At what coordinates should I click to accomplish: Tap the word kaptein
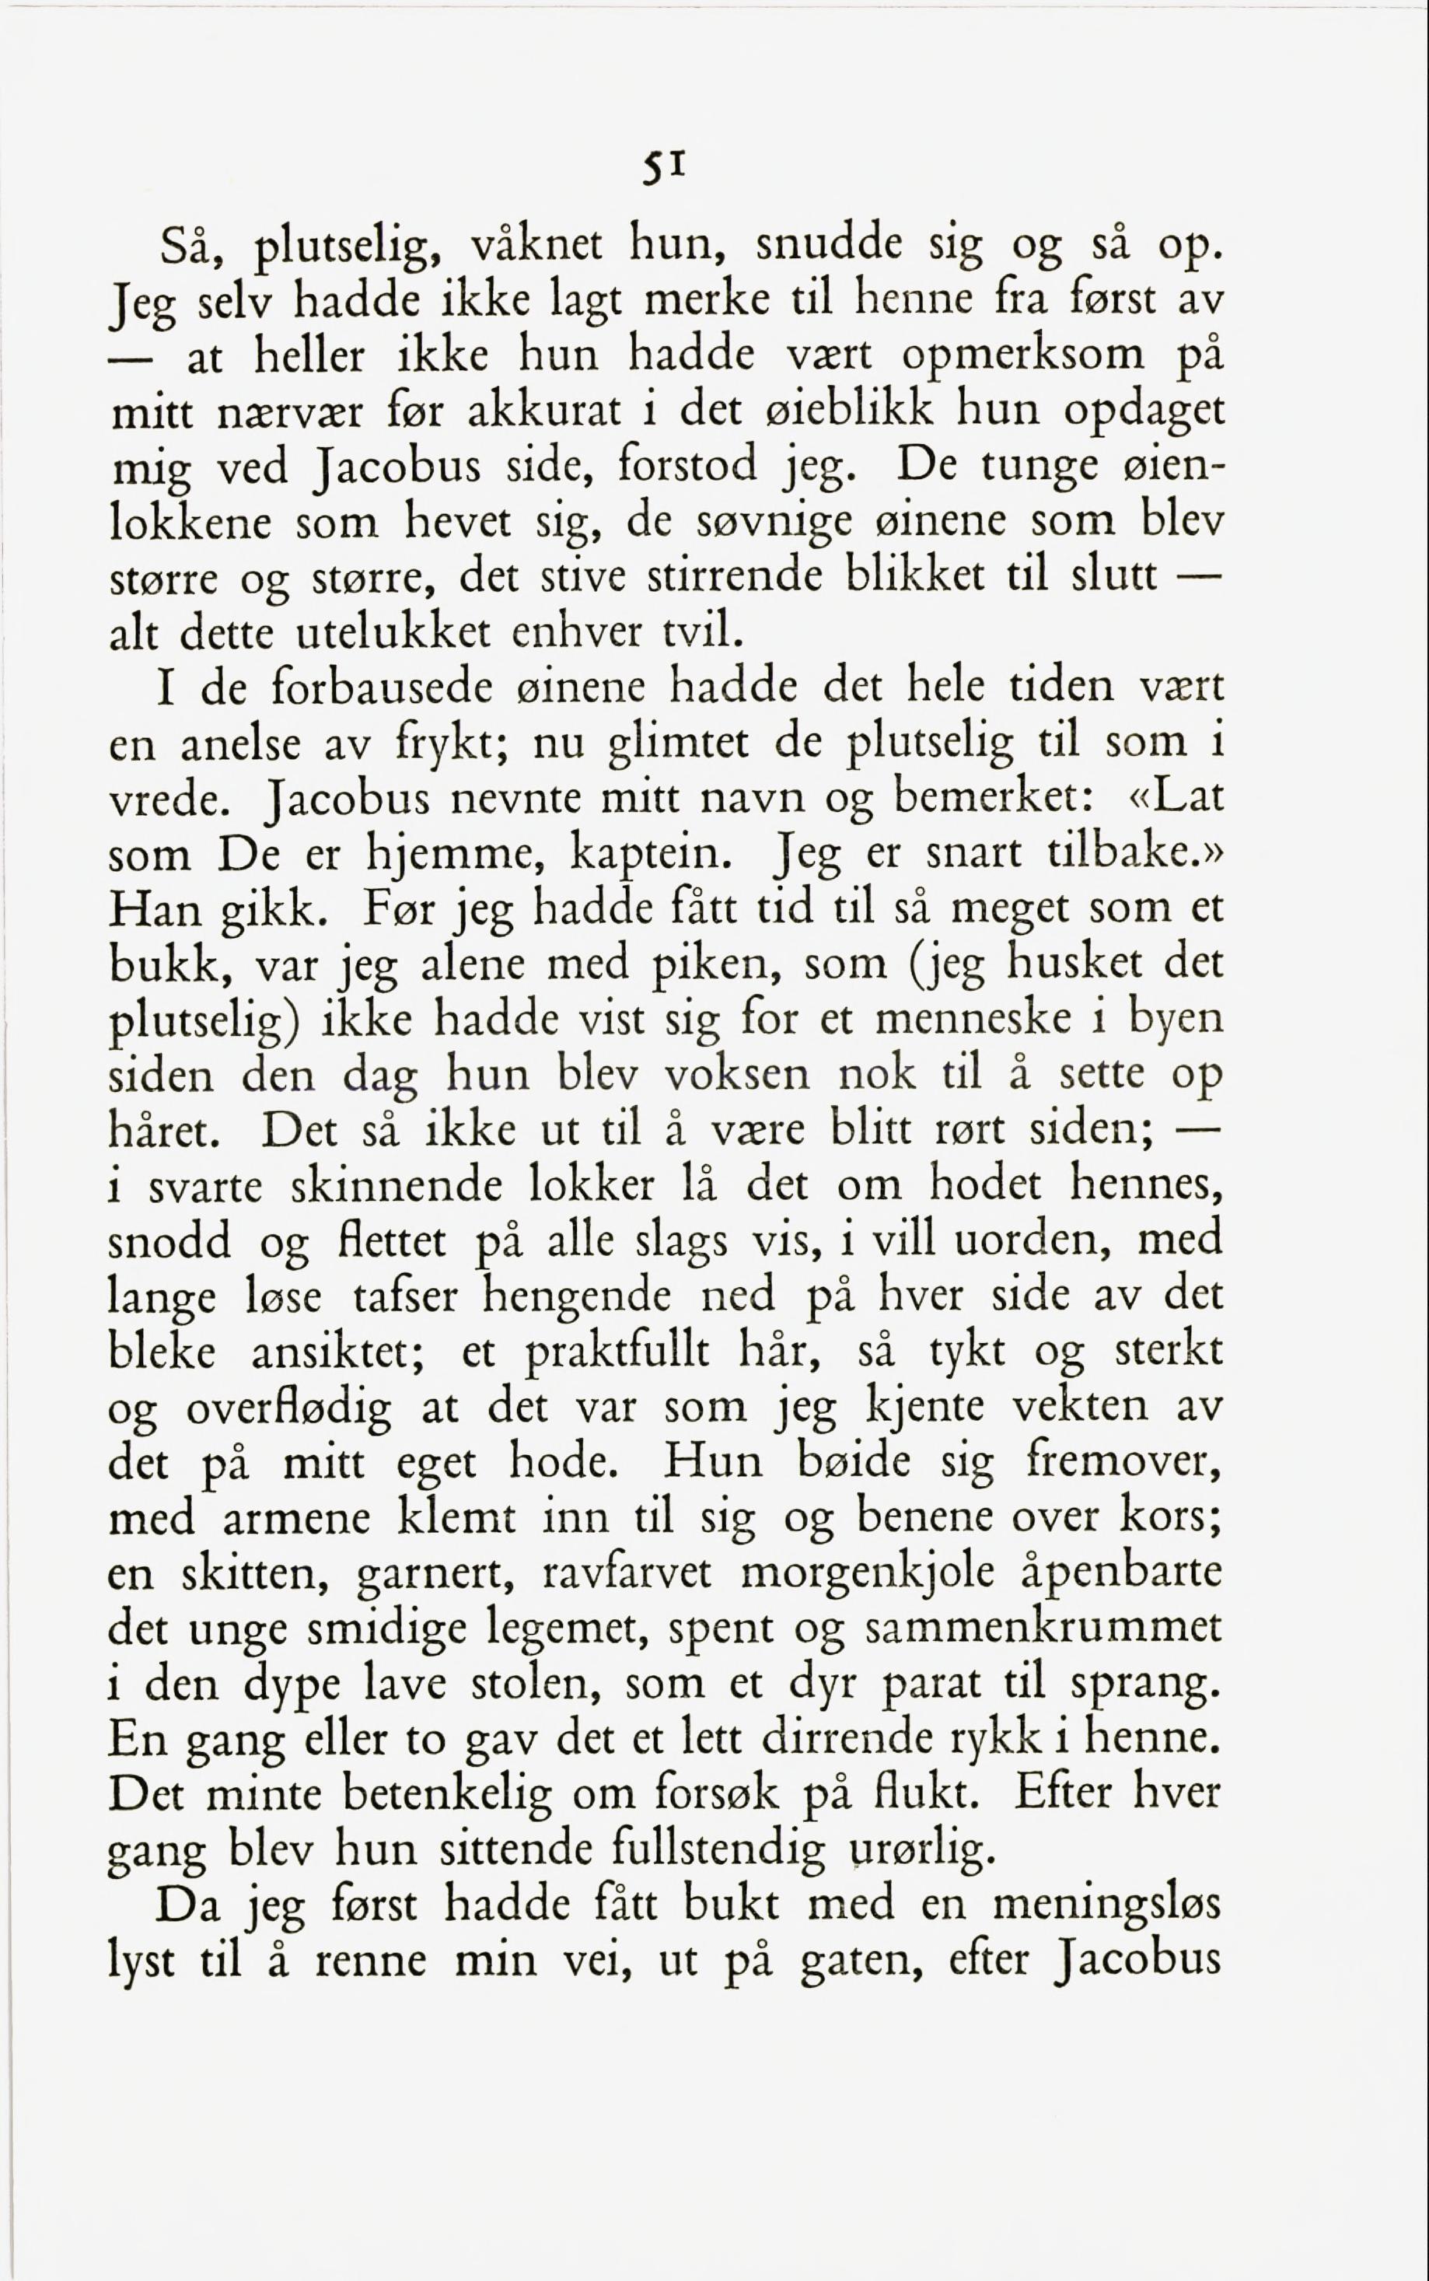[652, 856]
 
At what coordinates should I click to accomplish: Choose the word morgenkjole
[868, 1575]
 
